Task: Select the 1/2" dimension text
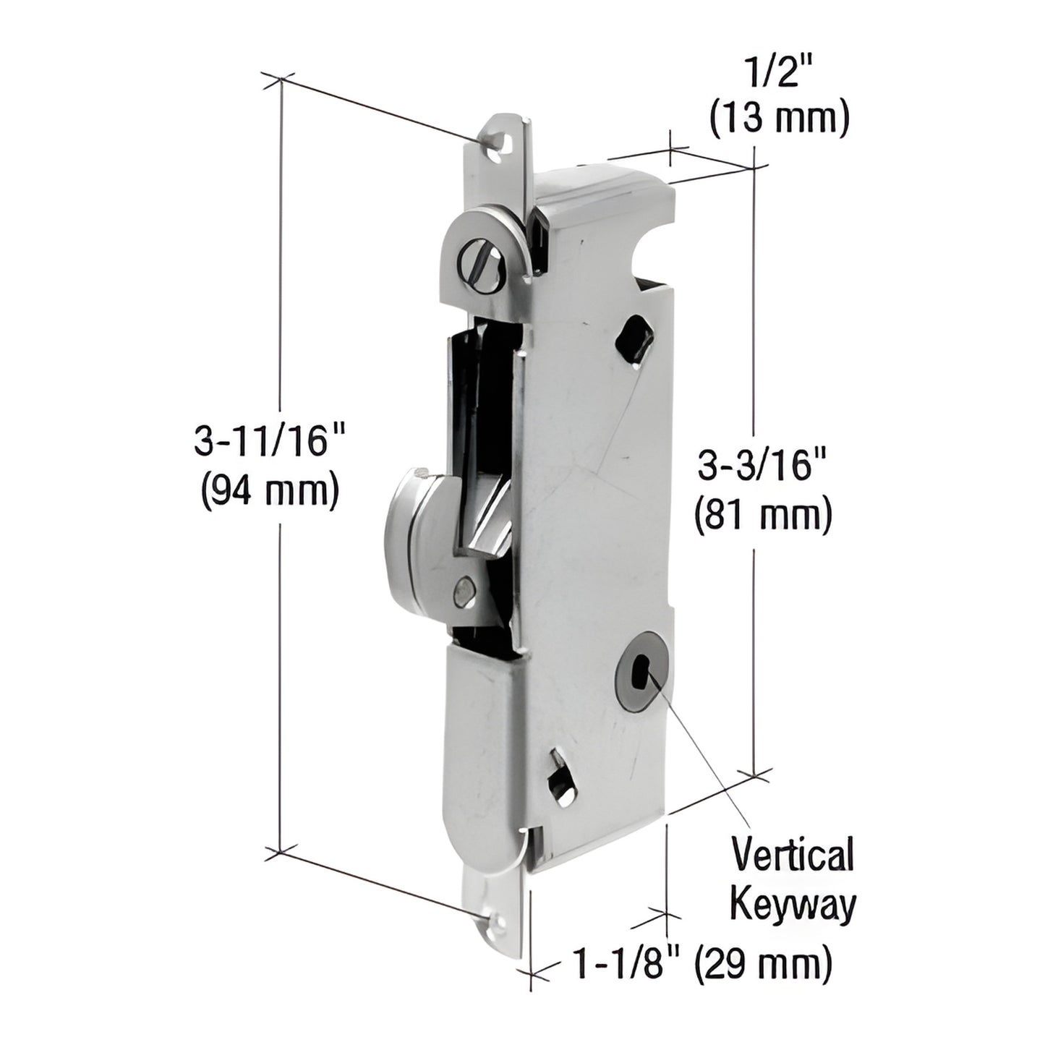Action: (x=778, y=75)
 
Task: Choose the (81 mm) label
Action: (x=763, y=516)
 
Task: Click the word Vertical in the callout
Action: (x=793, y=856)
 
